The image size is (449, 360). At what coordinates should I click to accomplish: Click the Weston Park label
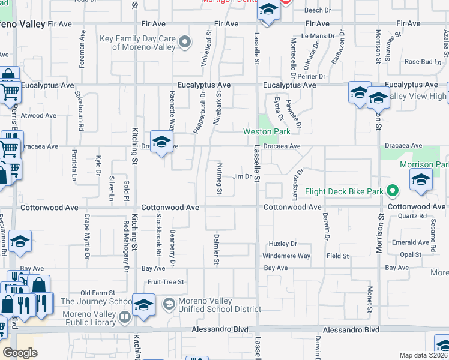tap(267, 131)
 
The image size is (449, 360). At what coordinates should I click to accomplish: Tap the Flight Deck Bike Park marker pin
tap(393, 192)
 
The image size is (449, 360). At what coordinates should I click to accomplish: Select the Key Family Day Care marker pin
tap(185, 43)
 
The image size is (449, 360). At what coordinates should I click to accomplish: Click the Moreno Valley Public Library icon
tap(125, 316)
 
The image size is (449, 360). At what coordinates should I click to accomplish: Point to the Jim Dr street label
tap(241, 176)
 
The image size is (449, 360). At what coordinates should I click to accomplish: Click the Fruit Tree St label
tap(166, 281)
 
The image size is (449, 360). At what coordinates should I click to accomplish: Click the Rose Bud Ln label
tap(423, 62)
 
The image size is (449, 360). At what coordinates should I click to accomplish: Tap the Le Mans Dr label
tap(313, 36)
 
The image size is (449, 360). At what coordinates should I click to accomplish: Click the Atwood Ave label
tap(38, 116)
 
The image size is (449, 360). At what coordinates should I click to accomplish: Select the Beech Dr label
tap(318, 10)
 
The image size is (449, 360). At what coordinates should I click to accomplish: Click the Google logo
tap(20, 353)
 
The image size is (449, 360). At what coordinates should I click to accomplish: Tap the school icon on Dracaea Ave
tap(161, 143)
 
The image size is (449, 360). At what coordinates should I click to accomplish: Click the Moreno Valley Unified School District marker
tap(169, 304)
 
